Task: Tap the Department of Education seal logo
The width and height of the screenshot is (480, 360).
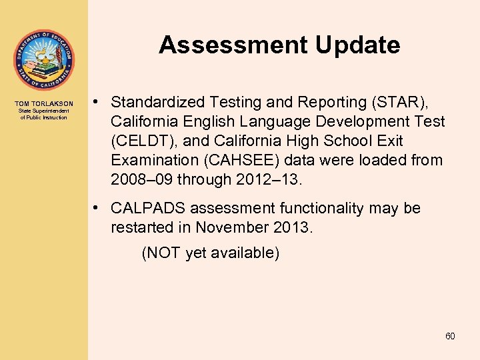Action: point(44,61)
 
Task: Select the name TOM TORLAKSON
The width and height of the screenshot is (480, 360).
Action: point(44,104)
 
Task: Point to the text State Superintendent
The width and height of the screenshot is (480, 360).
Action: point(44,111)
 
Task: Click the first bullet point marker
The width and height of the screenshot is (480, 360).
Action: point(97,102)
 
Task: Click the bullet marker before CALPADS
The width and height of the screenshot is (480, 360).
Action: point(97,207)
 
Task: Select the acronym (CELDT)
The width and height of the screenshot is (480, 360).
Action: point(137,141)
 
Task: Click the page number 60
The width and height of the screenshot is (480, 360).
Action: point(450,336)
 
